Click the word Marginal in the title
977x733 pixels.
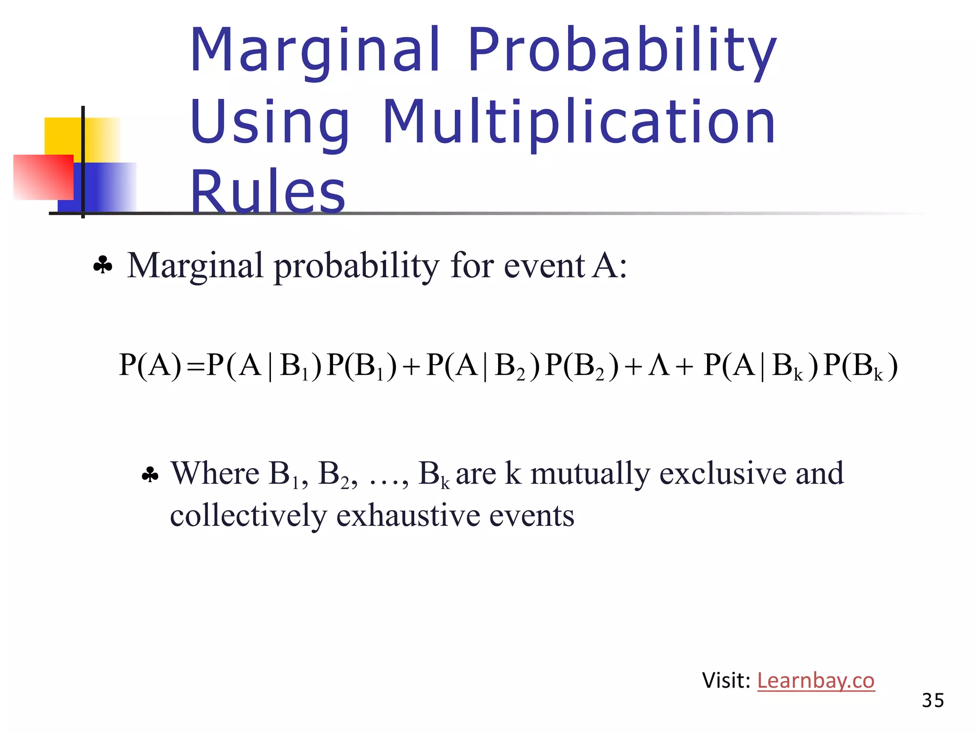pos(315,50)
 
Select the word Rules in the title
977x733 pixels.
pos(267,192)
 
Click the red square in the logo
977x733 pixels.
pos(43,177)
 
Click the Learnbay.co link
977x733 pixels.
pos(816,681)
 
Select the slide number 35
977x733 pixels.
pos(933,701)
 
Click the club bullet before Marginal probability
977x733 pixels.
pos(103,265)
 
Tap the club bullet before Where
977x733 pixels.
pos(150,475)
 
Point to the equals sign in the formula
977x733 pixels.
pos(196,366)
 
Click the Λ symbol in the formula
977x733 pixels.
pos(659,366)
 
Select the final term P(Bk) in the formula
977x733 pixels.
pos(861,366)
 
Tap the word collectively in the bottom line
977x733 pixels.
pos(249,515)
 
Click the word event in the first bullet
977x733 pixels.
pos(544,265)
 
